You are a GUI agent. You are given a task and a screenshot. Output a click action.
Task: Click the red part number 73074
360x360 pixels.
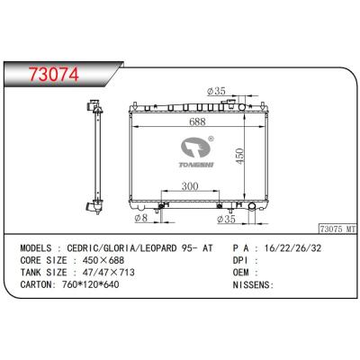(54, 74)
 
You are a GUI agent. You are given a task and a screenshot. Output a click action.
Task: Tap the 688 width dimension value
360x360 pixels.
(198, 121)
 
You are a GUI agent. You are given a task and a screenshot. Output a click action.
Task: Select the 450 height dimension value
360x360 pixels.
(239, 156)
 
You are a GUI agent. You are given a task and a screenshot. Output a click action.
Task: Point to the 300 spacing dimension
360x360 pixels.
(190, 186)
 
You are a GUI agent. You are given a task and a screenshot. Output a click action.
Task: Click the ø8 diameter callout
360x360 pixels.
(141, 218)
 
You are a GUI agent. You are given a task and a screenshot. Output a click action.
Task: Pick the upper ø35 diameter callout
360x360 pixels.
(216, 91)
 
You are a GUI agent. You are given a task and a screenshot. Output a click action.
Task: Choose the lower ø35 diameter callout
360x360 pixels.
(226, 220)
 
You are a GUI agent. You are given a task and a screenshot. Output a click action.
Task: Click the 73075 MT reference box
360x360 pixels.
(337, 229)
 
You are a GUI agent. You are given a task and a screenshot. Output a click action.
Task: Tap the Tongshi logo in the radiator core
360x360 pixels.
(196, 152)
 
